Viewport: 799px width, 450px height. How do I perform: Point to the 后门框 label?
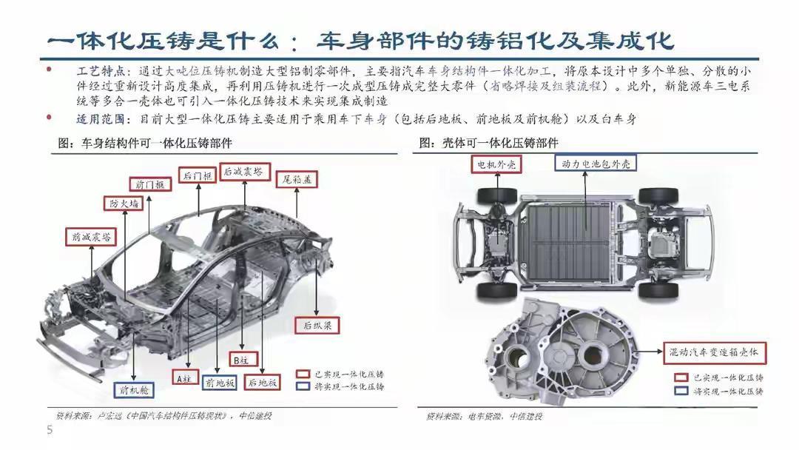tap(198, 175)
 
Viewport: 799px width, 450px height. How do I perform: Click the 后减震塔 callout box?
tap(243, 171)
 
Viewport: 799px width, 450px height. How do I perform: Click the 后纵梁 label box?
tap(317, 324)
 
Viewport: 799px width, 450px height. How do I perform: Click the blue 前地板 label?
tap(220, 383)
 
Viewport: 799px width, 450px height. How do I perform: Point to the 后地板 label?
tap(263, 383)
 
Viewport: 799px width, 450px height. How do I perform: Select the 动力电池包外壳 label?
tap(593, 164)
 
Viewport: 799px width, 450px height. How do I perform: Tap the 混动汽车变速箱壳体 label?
tap(715, 350)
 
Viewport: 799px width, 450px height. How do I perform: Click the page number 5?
tap(50, 430)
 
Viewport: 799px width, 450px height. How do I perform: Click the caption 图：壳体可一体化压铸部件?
tap(490, 143)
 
